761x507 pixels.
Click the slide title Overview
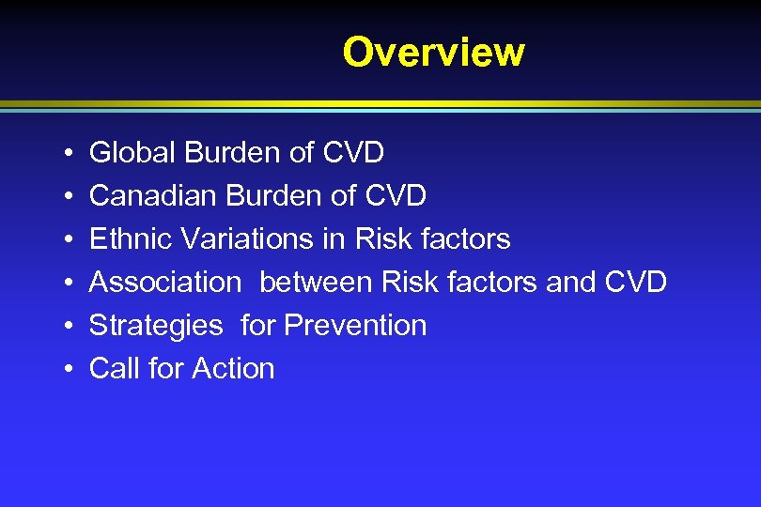[x=433, y=52]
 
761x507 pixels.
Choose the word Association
[x=165, y=282]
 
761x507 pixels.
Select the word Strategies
[x=156, y=326]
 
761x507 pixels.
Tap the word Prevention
[x=355, y=326]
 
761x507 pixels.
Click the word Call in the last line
[x=113, y=369]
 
